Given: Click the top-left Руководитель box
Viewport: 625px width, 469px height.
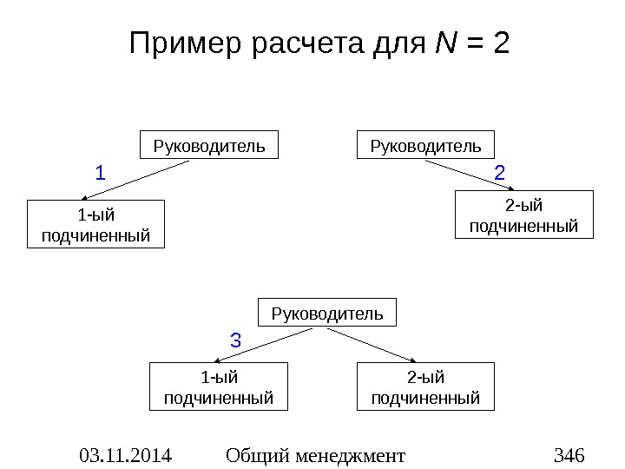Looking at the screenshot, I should (209, 145).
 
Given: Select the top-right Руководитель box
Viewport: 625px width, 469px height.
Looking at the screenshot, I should (426, 145).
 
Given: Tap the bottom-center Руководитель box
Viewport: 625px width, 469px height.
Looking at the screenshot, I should (327, 313).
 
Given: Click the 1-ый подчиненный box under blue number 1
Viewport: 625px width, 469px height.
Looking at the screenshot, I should (95, 224).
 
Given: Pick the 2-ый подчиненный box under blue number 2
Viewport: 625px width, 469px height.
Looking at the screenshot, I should (523, 215).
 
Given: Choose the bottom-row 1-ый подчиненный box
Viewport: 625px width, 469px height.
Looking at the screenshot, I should (219, 387).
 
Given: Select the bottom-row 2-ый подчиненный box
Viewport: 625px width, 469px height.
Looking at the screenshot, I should (425, 387).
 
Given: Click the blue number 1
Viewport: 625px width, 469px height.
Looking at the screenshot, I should (100, 174).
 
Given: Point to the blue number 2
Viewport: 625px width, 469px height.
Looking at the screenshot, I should (499, 174).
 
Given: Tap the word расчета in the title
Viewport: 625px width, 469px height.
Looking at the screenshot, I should (308, 43).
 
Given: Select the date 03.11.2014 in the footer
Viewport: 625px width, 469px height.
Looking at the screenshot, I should (125, 455).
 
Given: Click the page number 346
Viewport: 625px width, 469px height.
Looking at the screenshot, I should (569, 455).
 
